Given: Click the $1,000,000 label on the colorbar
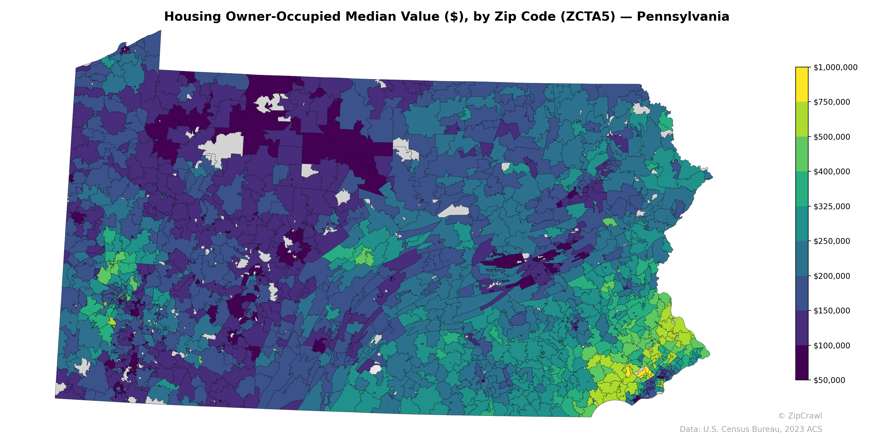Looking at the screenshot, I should [x=835, y=67].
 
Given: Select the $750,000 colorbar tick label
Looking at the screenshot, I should [x=831, y=102].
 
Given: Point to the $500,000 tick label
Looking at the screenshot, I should [x=831, y=137].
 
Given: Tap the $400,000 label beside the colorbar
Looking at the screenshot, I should [x=831, y=172].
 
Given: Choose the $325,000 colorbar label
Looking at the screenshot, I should [x=831, y=206].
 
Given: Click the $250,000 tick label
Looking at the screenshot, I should [x=831, y=241].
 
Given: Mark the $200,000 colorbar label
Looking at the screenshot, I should [x=831, y=276].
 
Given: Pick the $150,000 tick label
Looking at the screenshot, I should [x=831, y=311].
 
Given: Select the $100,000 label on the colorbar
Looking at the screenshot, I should [x=831, y=345].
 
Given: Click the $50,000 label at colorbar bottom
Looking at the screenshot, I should [x=829, y=380].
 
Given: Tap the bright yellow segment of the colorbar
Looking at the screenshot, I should [x=802, y=84].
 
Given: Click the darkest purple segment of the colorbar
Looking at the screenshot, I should [x=802, y=363].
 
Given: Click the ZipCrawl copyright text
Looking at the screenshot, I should [x=800, y=416].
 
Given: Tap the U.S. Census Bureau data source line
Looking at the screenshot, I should [x=751, y=429].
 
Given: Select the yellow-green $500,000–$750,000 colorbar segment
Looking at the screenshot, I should [x=802, y=119].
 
